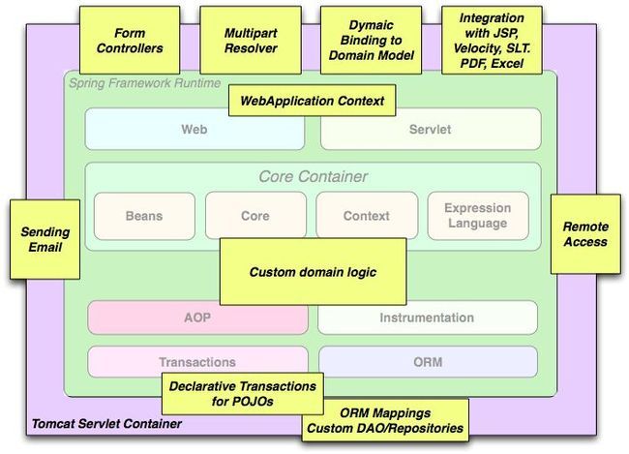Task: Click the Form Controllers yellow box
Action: pos(130,40)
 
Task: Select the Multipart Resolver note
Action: pos(251,40)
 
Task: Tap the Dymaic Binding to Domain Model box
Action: pos(371,40)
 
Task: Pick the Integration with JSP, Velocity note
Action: pos(492,40)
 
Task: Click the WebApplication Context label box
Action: pos(313,101)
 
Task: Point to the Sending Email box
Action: pos(45,239)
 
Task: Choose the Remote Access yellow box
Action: pos(585,234)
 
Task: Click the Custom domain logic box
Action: pos(313,272)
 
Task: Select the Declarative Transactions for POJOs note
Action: pos(243,393)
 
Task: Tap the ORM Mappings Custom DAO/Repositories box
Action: pos(385,420)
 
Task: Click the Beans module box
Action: pos(144,216)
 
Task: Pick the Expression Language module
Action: pos(478,216)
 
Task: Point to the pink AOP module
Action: pos(197,318)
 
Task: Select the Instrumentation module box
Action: pos(428,318)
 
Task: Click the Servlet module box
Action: pos(431,129)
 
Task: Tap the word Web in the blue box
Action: pos(195,130)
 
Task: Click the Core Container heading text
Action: pos(313,176)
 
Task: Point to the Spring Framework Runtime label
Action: pos(145,83)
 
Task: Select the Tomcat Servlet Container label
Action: pos(106,423)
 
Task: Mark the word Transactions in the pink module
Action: pos(197,362)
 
